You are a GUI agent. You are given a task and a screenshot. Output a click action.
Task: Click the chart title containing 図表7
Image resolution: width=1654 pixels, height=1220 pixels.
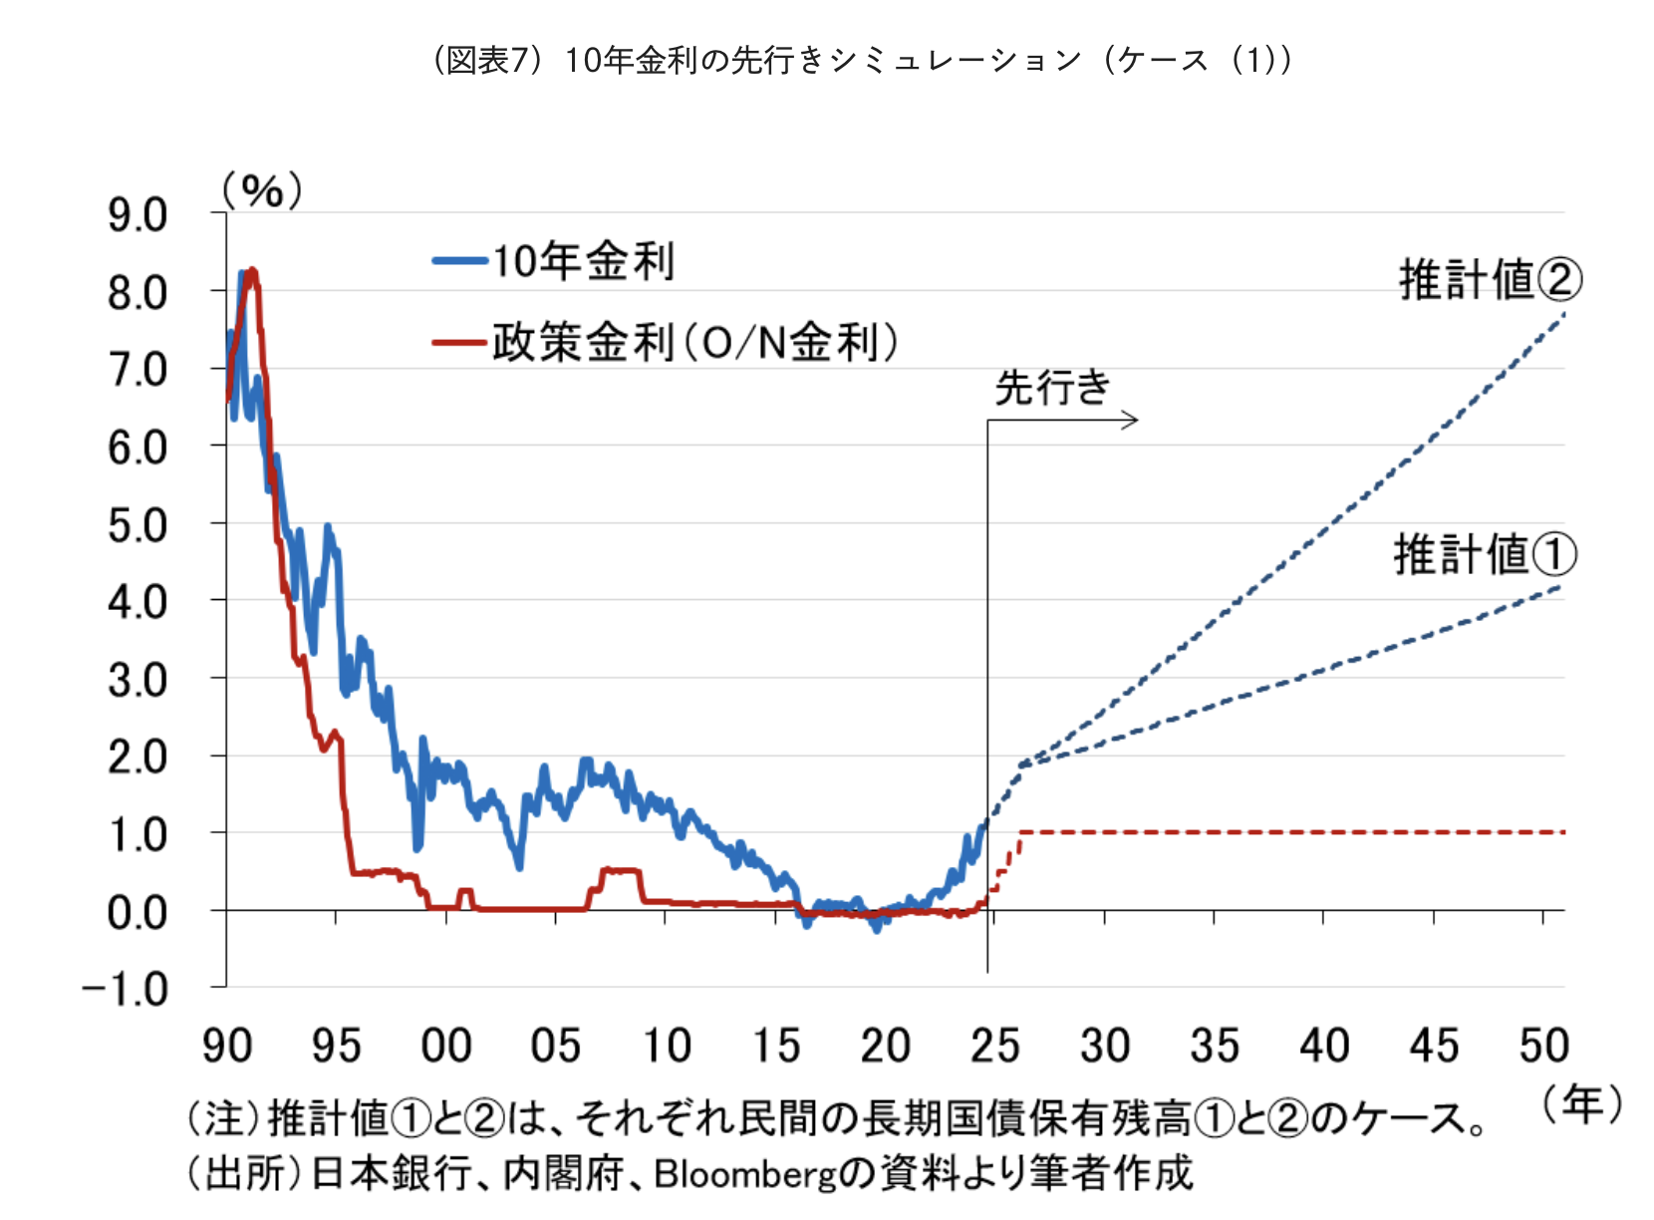coord(863,61)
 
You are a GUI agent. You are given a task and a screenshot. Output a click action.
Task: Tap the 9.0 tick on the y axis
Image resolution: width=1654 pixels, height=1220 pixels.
coord(138,215)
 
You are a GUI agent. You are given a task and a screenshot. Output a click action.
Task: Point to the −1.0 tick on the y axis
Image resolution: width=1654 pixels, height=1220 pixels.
coord(126,990)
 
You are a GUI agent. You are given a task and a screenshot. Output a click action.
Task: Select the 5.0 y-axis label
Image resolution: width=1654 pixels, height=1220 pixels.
coord(138,525)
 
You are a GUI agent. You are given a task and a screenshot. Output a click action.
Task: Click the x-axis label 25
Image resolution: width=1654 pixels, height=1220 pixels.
coord(994,1046)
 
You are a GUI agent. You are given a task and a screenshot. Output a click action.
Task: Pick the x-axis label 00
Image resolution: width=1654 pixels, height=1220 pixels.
coord(445,1046)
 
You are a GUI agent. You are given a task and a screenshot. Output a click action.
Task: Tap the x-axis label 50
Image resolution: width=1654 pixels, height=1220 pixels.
coord(1543,1046)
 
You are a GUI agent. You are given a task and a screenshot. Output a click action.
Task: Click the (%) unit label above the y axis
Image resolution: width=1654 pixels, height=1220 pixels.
coord(262,189)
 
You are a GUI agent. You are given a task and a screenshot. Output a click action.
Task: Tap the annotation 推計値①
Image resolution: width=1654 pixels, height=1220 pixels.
coord(1485,554)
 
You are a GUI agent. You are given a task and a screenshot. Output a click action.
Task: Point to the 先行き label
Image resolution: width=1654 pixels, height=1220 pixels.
coord(1052,387)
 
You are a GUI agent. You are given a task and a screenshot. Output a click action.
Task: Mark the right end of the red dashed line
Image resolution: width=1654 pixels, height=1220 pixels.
coord(1562,831)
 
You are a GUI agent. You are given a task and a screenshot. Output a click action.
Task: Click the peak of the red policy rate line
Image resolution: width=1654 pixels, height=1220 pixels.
coord(252,271)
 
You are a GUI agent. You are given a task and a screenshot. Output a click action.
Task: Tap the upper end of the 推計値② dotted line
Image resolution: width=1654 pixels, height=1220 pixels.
coord(1563,315)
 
